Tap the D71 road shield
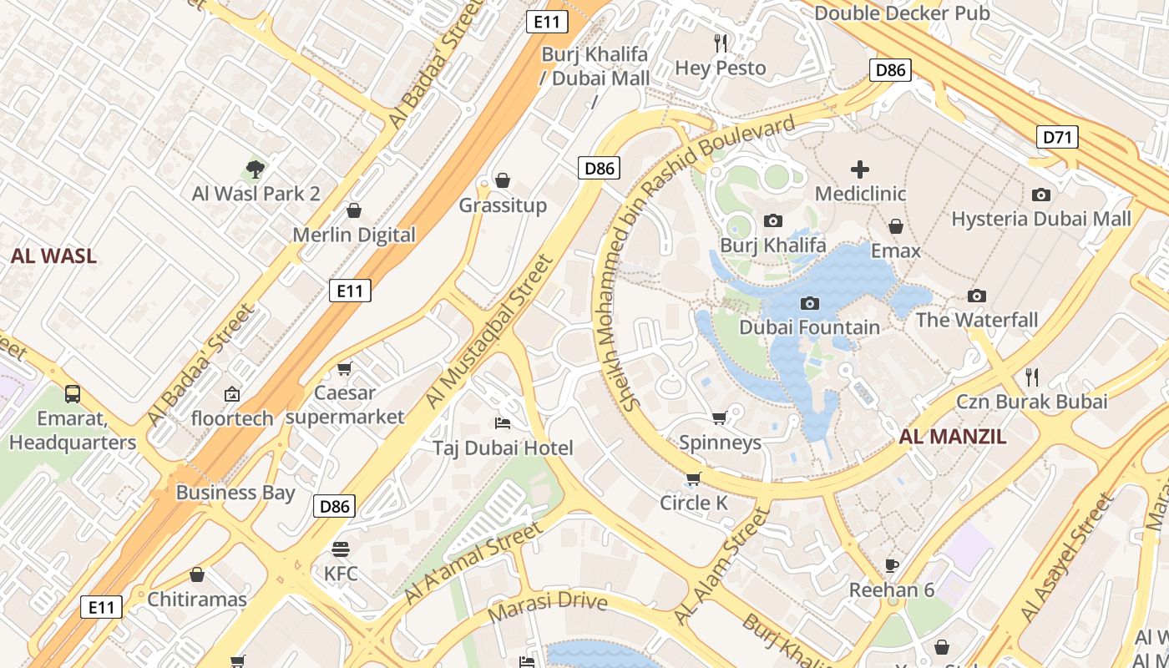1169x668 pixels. (1056, 137)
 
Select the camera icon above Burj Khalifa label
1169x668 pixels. (773, 221)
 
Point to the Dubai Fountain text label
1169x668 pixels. (809, 327)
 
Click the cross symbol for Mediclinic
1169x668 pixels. (860, 170)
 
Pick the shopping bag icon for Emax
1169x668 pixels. (896, 227)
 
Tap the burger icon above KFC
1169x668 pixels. (340, 549)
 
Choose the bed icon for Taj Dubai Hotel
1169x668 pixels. (503, 423)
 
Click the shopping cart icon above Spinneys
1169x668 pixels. (720, 417)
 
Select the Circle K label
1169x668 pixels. (693, 503)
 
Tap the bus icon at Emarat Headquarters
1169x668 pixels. (73, 394)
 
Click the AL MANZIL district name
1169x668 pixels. (953, 437)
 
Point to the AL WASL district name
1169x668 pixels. (53, 256)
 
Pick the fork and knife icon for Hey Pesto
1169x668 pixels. (721, 43)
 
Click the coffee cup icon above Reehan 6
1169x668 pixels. (892, 565)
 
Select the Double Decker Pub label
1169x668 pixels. (902, 13)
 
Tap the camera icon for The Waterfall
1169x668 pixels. (976, 296)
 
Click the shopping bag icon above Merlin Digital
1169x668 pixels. (354, 210)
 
